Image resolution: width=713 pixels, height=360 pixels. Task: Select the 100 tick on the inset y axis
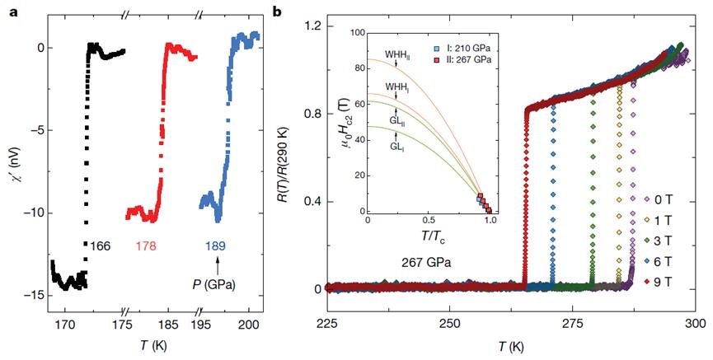356,33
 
